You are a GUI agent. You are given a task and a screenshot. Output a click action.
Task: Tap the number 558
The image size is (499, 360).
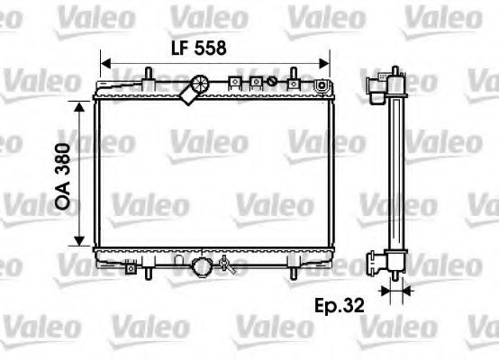pos(208,47)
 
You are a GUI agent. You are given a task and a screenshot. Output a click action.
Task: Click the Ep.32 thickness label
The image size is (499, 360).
pos(340,306)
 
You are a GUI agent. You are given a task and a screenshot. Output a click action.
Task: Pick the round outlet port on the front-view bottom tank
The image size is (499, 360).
pos(203,267)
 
